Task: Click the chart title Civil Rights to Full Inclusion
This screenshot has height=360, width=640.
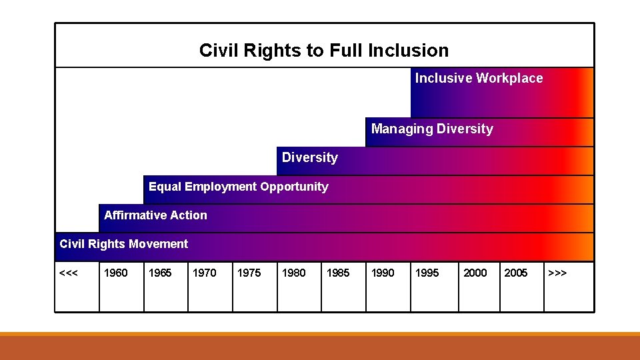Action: (x=324, y=51)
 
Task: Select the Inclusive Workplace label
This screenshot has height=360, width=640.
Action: (x=479, y=79)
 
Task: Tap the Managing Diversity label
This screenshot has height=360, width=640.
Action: (x=432, y=129)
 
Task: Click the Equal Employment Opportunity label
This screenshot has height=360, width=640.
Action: (x=238, y=187)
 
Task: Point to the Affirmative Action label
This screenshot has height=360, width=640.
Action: (x=155, y=215)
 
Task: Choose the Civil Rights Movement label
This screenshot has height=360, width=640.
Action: (x=123, y=244)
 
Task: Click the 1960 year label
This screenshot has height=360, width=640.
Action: (x=116, y=273)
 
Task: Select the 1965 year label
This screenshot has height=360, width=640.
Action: (x=160, y=273)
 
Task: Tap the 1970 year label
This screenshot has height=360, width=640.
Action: (x=204, y=273)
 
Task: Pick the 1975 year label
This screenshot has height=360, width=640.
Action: (x=249, y=273)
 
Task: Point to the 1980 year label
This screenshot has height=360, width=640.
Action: (x=293, y=273)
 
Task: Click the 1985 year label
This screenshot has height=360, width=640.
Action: (x=337, y=273)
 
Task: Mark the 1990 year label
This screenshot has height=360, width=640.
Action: (x=382, y=273)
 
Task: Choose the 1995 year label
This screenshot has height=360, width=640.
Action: (x=427, y=273)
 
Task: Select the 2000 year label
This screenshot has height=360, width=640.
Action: (x=475, y=273)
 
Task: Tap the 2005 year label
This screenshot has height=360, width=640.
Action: (x=516, y=273)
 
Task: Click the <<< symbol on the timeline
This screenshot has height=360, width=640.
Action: (x=68, y=273)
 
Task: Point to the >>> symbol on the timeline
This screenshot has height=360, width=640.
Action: (x=557, y=273)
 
